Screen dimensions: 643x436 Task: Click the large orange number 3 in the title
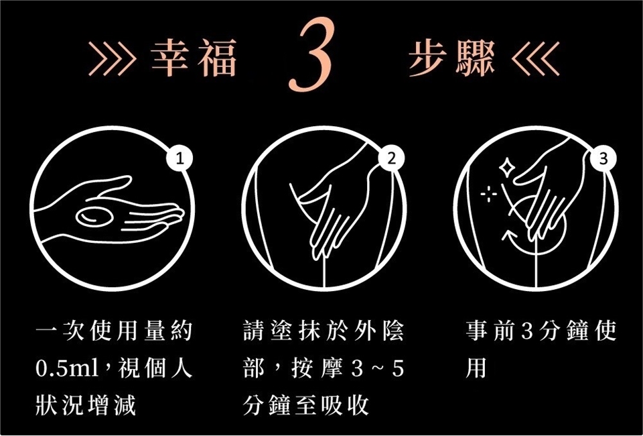pos(311,54)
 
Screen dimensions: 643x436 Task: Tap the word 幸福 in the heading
pos(194,58)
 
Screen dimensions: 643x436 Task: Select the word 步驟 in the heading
pos(452,58)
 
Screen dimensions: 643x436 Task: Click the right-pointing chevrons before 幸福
pos(112,59)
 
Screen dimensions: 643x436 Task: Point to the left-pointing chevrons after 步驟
pos(536,59)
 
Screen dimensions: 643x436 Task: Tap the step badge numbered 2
pos(392,159)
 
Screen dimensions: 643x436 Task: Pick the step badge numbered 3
pos(603,159)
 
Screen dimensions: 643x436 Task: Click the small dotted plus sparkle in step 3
pos(489,194)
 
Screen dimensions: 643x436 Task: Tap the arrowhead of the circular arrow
pos(508,235)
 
